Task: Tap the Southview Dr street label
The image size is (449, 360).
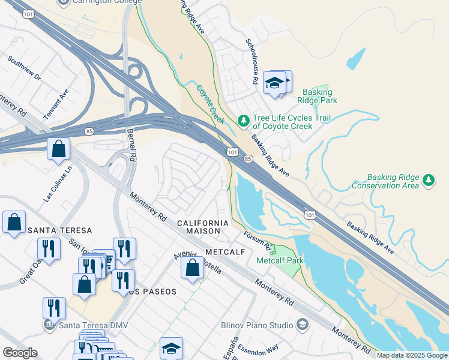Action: (x=24, y=69)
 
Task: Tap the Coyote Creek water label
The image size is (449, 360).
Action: (x=210, y=104)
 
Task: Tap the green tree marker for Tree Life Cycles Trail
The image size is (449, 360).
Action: (x=243, y=121)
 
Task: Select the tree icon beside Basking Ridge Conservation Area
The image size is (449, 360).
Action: (x=429, y=180)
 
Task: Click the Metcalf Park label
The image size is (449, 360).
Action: (x=280, y=261)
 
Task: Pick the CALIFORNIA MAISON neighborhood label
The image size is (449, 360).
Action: (x=202, y=227)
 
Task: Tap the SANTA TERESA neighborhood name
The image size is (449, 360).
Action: (x=59, y=230)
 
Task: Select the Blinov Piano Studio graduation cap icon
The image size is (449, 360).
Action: (x=302, y=325)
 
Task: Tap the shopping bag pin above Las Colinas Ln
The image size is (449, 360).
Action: (x=59, y=149)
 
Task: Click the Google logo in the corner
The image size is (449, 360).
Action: (x=20, y=353)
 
